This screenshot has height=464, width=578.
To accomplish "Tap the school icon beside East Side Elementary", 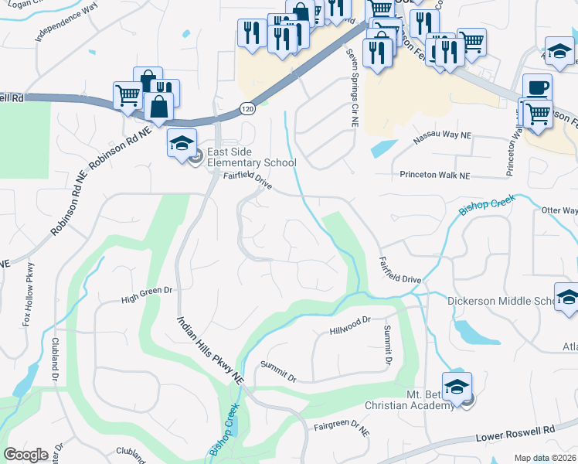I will point(182,144).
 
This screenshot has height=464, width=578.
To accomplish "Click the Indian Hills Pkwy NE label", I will point(211,352).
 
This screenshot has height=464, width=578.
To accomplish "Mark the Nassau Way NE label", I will point(442,135).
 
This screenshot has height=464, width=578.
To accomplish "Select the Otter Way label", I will point(559,210).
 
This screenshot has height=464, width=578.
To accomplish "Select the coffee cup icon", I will point(537,87).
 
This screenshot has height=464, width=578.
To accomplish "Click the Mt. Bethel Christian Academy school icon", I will point(457,386).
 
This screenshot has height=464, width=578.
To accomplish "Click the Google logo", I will point(25,455).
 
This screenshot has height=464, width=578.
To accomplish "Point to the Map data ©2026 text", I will point(545,458).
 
